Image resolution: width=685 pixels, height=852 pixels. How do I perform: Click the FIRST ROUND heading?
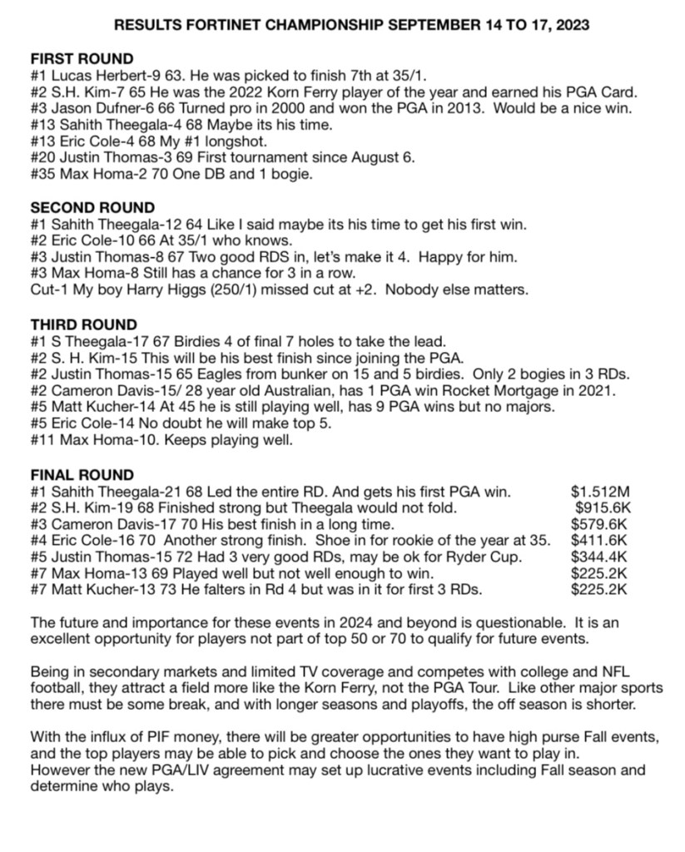82,59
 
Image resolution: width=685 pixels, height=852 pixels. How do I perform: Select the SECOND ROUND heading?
92,208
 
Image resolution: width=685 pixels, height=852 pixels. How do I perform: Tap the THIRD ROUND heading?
84,324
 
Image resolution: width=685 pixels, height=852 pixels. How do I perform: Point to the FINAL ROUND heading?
82,475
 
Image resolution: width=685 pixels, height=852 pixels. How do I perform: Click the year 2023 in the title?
572,26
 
